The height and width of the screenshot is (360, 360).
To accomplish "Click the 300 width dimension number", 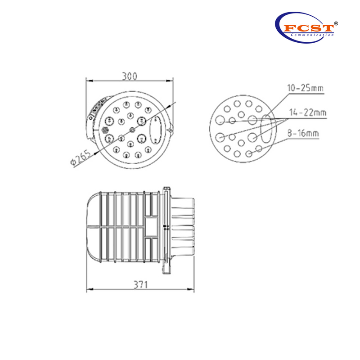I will tap(130, 76).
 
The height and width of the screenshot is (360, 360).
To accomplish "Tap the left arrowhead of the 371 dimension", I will tap(88, 288).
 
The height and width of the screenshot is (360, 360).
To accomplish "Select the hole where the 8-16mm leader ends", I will tap(249, 154).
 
